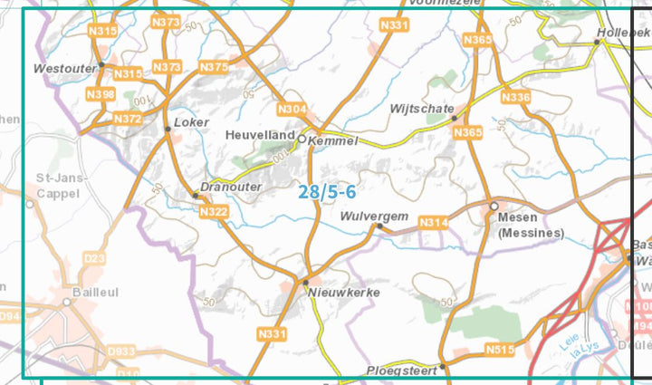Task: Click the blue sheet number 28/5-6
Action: [x=326, y=191]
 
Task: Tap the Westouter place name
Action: [x=63, y=68]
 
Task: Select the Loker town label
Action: [x=191, y=122]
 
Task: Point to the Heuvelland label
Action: [x=260, y=135]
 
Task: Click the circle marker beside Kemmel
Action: [x=302, y=140]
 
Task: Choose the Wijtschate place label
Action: [x=421, y=109]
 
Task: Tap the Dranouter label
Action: [x=231, y=187]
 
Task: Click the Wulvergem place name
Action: [x=375, y=217]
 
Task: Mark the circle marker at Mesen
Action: [x=494, y=207]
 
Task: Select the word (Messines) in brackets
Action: [x=531, y=233]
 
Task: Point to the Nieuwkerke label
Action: [x=343, y=293]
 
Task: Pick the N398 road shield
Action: [x=101, y=94]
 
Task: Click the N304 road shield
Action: [x=292, y=110]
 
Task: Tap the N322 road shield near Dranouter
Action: [x=213, y=212]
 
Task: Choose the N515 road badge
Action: [x=499, y=350]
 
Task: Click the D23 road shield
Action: [x=94, y=259]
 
